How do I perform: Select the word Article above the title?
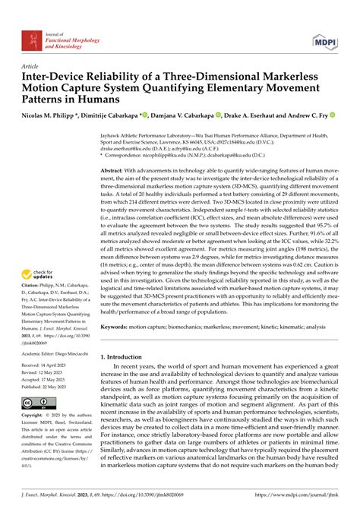[32, 66]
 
